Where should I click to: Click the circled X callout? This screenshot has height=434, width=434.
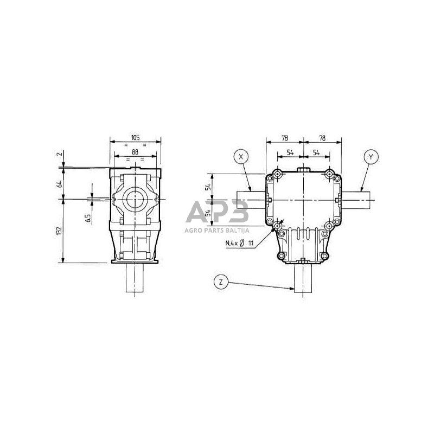(x=241, y=157)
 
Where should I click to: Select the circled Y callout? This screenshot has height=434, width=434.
(x=371, y=157)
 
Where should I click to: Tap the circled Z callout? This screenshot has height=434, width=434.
(x=220, y=282)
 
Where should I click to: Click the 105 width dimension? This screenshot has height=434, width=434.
(x=136, y=138)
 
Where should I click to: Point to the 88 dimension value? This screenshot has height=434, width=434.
(x=136, y=152)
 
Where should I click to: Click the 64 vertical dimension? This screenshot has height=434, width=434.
(x=59, y=183)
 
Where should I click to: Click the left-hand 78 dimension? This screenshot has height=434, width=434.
(x=284, y=138)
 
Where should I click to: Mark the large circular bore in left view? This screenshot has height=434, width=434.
(x=135, y=200)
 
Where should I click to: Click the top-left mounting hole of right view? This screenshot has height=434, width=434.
(x=277, y=175)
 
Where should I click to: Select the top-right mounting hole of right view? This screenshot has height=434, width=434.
(x=329, y=175)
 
